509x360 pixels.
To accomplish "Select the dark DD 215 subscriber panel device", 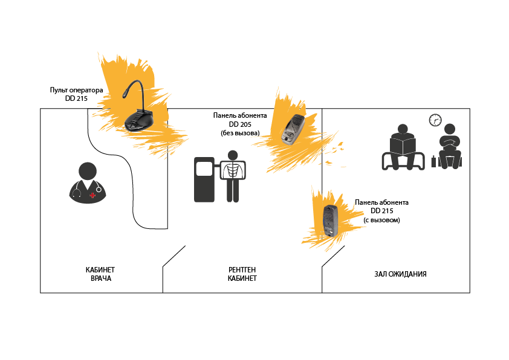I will point(330,221).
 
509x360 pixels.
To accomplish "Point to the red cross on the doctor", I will point(92,195).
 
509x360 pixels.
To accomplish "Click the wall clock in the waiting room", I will point(435,120).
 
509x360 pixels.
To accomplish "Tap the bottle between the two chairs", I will point(433,161).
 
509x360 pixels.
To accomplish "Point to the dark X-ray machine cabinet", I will point(203,179).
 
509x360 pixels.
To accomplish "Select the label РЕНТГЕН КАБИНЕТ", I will point(242,274).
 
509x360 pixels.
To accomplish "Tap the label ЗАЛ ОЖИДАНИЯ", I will point(400,274).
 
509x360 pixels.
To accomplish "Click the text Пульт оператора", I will point(76,90).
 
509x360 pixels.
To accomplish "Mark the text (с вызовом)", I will point(381,220).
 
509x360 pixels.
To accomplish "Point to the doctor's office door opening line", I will point(173,257).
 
